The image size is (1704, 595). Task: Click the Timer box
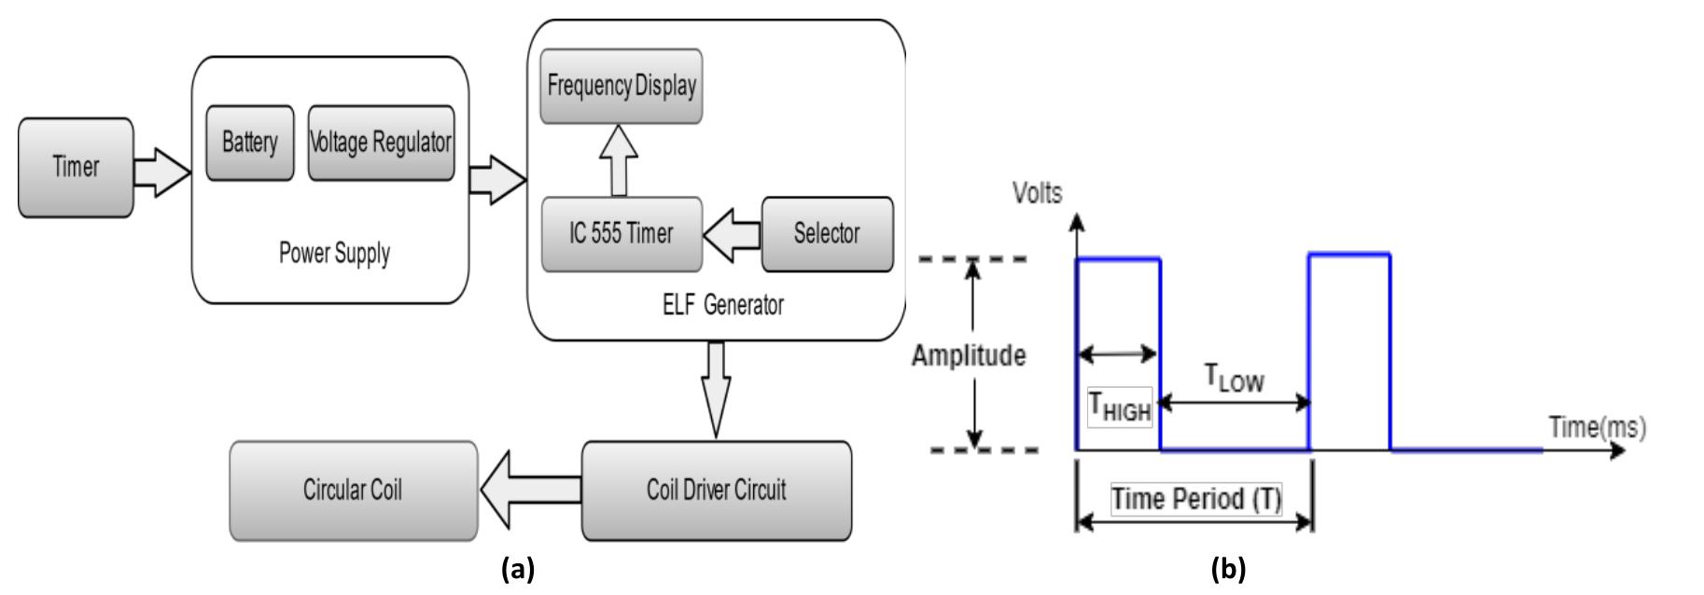click(76, 168)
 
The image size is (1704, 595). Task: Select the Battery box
click(249, 143)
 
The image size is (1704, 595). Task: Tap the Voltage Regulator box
click(381, 143)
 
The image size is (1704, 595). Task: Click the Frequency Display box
click(622, 87)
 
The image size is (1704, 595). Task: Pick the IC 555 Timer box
click(622, 234)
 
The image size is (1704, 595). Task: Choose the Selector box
click(827, 234)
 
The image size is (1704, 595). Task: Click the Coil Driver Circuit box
click(717, 491)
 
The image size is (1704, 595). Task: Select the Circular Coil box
click(353, 491)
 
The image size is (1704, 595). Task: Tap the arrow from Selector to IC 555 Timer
click(733, 234)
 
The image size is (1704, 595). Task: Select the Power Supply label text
click(334, 254)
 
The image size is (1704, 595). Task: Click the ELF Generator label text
click(722, 305)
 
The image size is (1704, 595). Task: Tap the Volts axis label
click(1037, 194)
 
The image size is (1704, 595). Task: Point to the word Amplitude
click(969, 356)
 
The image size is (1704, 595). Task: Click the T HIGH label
click(1120, 407)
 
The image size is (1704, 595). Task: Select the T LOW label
click(1234, 378)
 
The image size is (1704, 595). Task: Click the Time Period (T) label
click(1196, 499)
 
